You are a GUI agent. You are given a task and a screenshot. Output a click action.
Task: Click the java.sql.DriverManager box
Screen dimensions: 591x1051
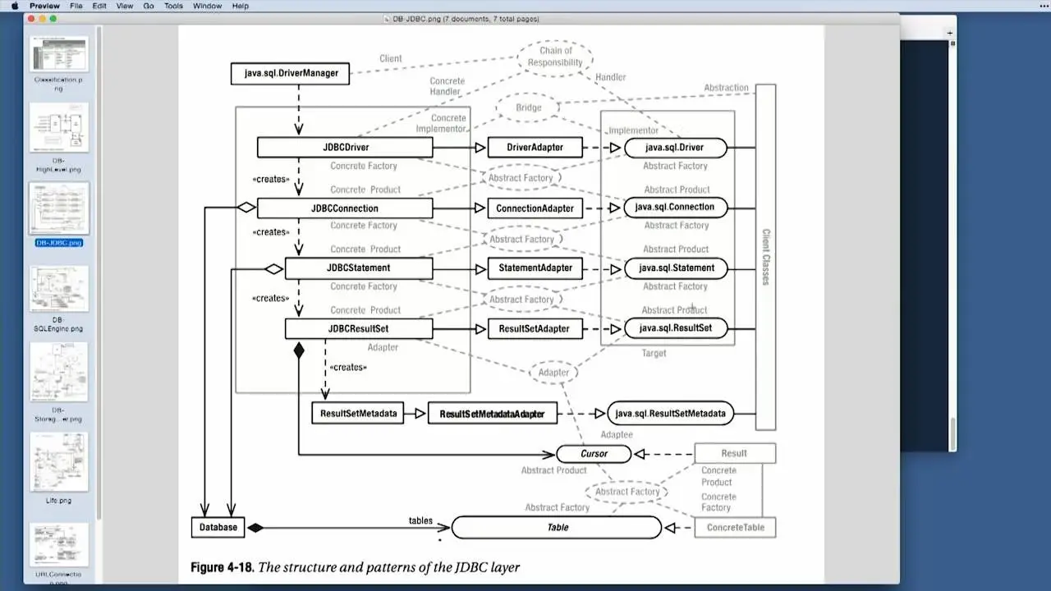291,73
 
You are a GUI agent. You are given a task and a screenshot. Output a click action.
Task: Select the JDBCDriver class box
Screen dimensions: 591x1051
345,148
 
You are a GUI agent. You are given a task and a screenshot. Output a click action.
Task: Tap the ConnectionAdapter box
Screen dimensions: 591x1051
535,208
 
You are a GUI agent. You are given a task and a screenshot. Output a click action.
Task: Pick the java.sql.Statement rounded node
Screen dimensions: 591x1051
676,268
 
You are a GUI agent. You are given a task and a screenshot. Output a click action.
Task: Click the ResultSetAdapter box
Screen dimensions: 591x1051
535,328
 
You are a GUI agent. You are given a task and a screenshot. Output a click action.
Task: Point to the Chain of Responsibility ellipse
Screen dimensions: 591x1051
555,57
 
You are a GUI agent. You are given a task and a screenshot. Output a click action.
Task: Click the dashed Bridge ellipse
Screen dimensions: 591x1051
529,108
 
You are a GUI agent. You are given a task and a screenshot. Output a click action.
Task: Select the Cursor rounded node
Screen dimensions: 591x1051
594,453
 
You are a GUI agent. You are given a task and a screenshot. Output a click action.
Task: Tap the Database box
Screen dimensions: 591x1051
218,527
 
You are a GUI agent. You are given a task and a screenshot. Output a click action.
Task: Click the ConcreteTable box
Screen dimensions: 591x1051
735,527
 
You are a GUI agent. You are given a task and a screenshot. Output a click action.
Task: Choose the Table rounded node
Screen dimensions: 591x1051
557,527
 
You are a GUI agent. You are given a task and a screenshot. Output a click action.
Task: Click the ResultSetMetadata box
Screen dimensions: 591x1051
358,413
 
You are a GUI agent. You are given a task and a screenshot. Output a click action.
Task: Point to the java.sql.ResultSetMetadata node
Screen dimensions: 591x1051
670,413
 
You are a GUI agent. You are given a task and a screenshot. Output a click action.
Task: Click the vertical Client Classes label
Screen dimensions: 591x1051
765,256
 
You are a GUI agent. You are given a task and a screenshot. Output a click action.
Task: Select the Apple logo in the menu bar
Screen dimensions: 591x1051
14,6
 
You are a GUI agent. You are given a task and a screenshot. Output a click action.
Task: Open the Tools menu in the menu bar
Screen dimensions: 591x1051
173,6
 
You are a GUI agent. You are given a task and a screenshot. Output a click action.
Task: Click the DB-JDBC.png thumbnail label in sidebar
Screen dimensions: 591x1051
58,243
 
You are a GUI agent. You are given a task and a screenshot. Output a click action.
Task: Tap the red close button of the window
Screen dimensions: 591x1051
30,18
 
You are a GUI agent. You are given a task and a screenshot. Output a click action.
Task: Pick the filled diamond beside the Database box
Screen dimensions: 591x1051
255,527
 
